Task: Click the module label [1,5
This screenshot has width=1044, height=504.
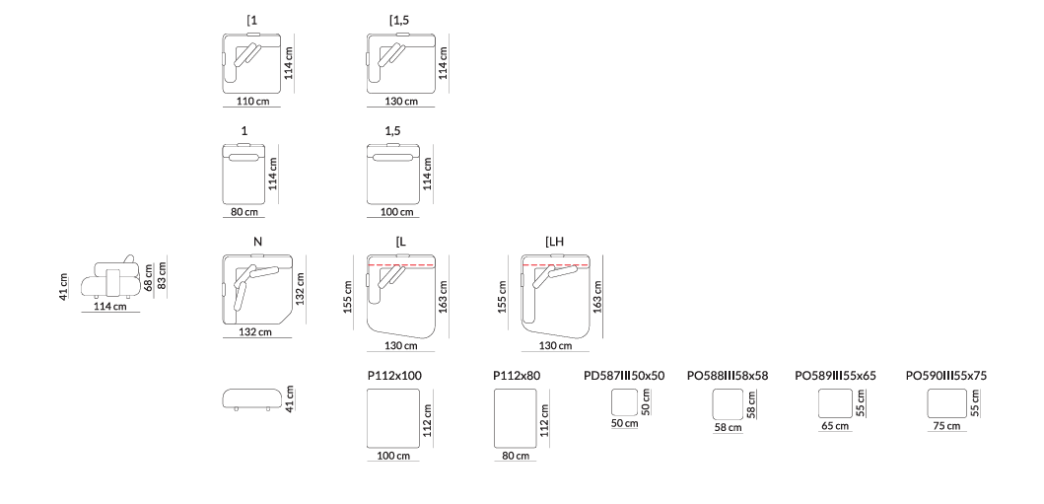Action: pos(399,20)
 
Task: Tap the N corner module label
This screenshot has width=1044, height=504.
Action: pos(257,242)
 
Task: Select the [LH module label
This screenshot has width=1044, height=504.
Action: pos(555,242)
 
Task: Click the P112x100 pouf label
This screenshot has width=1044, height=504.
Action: pos(394,376)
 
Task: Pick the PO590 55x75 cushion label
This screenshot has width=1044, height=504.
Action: pos(946,376)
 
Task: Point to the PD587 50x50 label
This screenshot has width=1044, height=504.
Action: pos(624,376)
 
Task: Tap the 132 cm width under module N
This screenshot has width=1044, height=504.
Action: pos(255,331)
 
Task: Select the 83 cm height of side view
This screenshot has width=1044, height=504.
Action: pos(162,275)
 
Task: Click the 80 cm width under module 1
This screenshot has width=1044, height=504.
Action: pos(244,212)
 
